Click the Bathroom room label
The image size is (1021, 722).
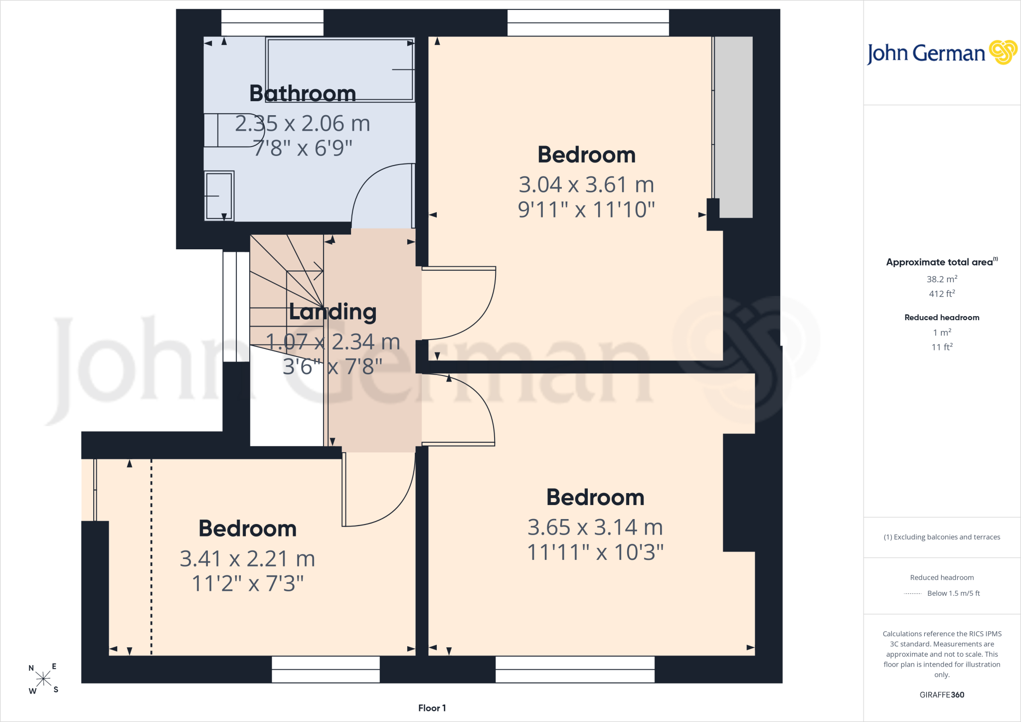tap(303, 93)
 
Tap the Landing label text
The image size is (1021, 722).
tap(333, 312)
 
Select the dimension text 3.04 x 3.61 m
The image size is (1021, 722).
tap(586, 184)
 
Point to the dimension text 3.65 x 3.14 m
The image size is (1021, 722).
tap(595, 527)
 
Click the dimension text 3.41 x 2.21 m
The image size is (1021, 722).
tap(247, 558)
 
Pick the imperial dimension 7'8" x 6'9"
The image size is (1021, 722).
tap(303, 148)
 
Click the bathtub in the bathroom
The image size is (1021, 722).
tap(340, 69)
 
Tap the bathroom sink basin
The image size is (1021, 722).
tap(219, 195)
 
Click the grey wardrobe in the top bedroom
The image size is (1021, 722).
tap(733, 127)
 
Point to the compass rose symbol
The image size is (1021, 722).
tap(43, 679)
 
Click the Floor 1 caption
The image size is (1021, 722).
tap(432, 708)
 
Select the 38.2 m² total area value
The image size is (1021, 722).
tap(942, 279)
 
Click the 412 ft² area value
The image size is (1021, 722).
tap(942, 294)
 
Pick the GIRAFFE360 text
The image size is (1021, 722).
tap(942, 695)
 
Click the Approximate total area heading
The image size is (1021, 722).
tap(942, 262)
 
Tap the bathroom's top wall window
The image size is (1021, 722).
tap(272, 22)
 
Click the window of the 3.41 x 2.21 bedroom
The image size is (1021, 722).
tap(326, 669)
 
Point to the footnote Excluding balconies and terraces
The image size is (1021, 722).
tap(942, 537)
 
